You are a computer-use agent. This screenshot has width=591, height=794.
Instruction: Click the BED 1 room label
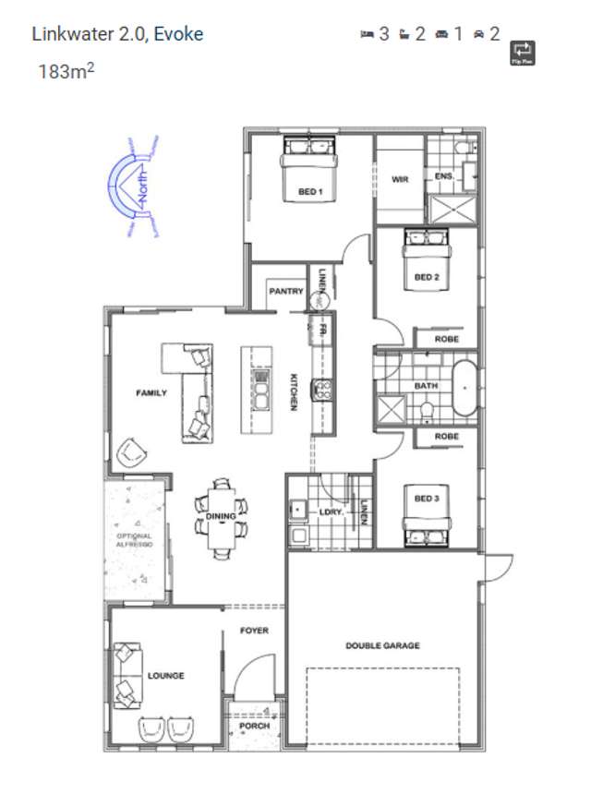(308, 192)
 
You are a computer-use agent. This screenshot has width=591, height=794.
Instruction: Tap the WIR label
(400, 179)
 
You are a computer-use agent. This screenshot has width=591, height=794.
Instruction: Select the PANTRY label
(286, 292)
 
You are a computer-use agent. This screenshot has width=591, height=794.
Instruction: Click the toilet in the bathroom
(427, 409)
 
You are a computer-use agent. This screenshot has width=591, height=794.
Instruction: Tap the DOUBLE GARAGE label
(382, 645)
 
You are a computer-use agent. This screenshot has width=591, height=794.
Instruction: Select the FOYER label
(254, 631)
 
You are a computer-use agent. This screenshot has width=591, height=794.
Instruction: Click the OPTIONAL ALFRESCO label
(134, 541)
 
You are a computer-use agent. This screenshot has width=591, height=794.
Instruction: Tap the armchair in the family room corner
(131, 452)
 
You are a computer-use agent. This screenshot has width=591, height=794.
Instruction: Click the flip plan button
(523, 52)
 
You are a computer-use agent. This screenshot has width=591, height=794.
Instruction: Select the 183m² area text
(66, 70)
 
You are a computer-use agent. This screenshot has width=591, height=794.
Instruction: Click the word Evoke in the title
(178, 34)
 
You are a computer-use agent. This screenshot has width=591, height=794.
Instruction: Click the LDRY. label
(331, 511)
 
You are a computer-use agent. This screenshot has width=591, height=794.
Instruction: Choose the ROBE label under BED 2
(447, 339)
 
